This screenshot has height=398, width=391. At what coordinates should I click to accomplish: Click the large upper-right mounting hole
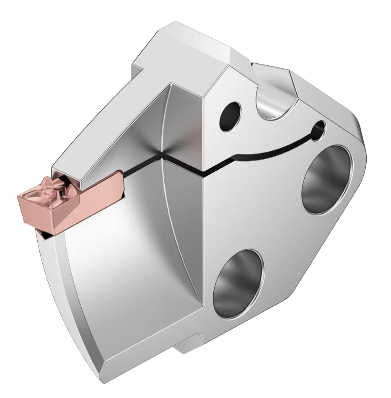(x=326, y=178)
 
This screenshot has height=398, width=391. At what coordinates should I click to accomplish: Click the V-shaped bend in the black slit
(x=203, y=172)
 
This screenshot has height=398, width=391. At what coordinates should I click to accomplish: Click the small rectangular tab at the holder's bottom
(x=193, y=345)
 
